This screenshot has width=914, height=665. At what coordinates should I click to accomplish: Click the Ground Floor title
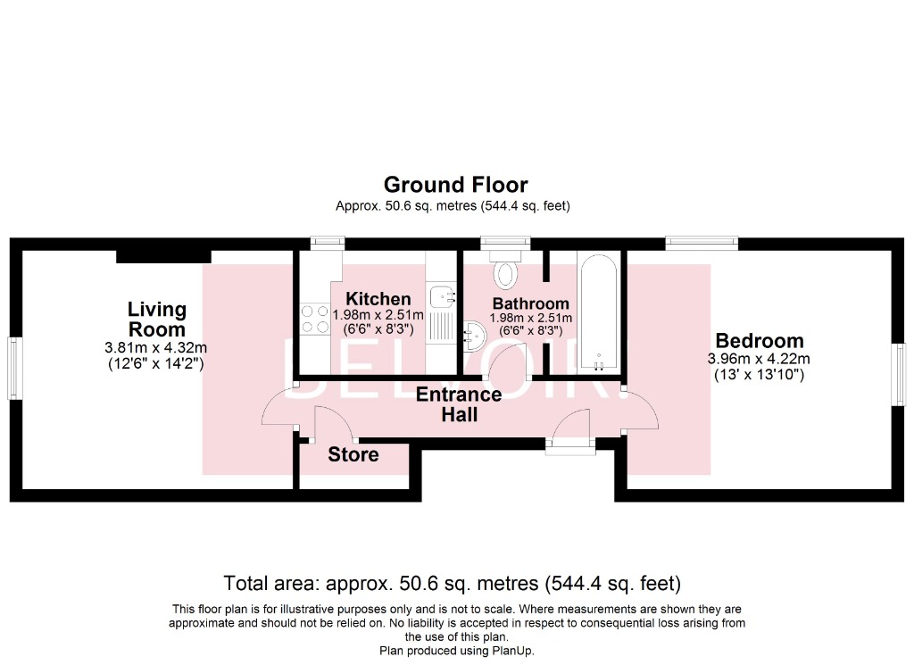(455, 185)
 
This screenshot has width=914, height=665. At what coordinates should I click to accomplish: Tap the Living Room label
(157, 319)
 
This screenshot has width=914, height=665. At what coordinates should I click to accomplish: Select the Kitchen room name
(378, 299)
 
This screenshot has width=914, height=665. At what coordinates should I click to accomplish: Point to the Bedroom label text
(759, 340)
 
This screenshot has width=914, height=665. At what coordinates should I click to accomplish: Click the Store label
(353, 454)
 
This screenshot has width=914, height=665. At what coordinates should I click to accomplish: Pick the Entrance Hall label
(459, 404)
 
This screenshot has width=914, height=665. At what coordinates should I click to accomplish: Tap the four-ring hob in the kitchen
(314, 319)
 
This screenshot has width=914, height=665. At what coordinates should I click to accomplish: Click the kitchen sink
(442, 296)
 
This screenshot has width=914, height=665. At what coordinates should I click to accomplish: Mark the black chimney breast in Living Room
(163, 256)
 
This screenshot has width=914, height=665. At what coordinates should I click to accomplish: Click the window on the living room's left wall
(14, 368)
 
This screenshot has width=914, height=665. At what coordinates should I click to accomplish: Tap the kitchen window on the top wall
(327, 242)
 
